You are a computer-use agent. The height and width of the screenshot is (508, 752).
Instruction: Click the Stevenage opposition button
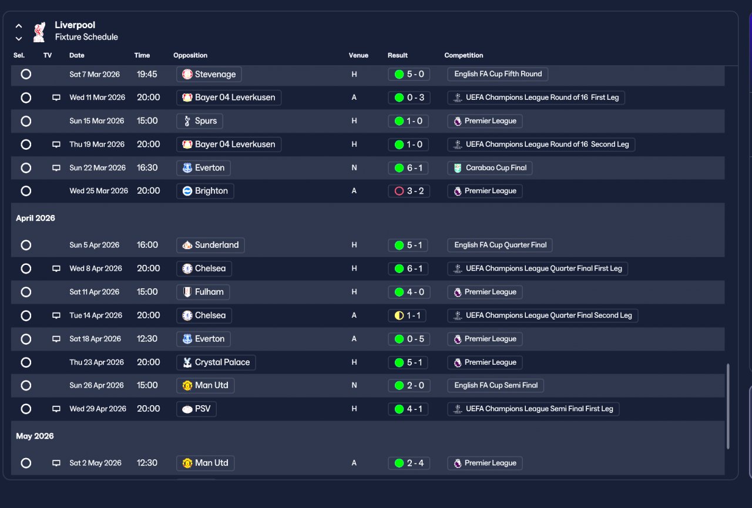tap(209, 74)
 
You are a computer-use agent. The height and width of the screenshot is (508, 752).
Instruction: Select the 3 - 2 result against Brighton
tap(408, 191)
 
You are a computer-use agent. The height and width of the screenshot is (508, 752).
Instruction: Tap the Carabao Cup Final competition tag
tap(489, 168)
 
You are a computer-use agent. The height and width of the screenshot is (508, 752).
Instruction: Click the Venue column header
tap(358, 55)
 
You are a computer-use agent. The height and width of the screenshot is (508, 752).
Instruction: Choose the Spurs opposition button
tap(199, 121)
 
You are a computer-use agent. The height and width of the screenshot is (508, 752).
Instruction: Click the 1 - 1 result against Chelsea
tap(407, 315)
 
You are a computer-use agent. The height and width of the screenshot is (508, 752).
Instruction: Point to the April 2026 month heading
tap(35, 218)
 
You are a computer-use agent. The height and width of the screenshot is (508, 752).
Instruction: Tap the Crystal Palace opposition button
tap(216, 362)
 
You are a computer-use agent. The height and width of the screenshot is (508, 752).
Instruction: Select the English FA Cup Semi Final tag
tap(495, 385)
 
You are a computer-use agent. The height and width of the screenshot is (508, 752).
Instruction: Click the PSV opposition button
tap(196, 409)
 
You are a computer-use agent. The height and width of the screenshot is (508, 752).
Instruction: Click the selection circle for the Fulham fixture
tap(26, 292)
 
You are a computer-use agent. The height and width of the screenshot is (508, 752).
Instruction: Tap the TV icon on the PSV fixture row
tap(56, 409)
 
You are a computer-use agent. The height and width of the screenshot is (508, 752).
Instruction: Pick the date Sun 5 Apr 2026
tap(95, 245)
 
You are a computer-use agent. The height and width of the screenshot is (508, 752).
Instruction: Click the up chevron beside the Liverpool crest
tap(19, 26)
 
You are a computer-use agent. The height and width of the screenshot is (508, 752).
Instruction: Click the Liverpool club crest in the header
tap(39, 32)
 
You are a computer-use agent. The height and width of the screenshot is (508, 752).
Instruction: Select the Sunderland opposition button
tap(210, 245)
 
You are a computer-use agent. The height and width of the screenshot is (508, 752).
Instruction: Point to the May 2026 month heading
tap(35, 436)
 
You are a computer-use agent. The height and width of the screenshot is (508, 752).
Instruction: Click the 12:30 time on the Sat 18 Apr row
tap(147, 339)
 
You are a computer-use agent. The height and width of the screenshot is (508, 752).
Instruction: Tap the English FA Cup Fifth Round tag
tap(498, 74)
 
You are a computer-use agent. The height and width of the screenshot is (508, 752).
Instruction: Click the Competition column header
tap(464, 55)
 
